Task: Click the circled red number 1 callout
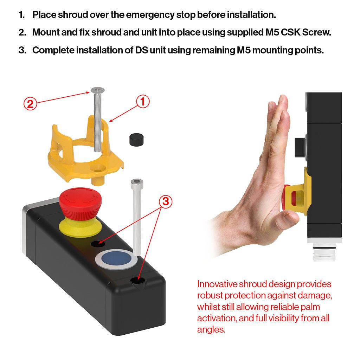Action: pyautogui.click(x=143, y=102)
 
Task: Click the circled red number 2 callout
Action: pyautogui.click(x=30, y=104)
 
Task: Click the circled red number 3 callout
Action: pyautogui.click(x=166, y=201)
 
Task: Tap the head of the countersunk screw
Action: pyautogui.click(x=98, y=90)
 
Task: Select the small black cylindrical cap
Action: pyautogui.click(x=136, y=139)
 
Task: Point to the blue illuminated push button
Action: pyautogui.click(x=116, y=259)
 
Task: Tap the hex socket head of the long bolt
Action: pyautogui.click(x=137, y=182)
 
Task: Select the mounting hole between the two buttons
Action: pyautogui.click(x=98, y=243)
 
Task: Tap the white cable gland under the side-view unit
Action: pyautogui.click(x=324, y=252)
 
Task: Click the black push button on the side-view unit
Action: pyautogui.click(x=300, y=147)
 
